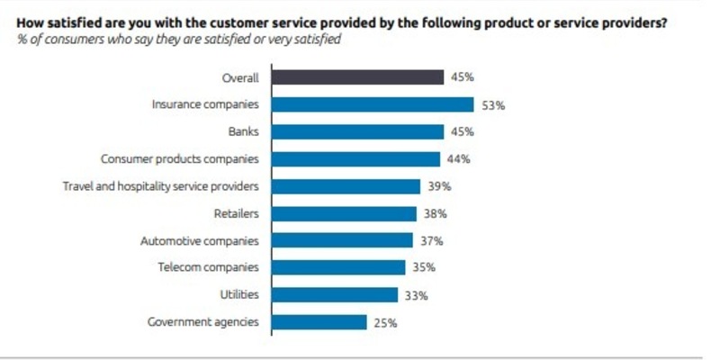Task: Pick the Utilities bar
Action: pyautogui.click(x=334, y=294)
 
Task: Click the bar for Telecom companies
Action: pyautogui.click(x=337, y=267)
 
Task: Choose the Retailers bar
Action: pyautogui.click(x=343, y=213)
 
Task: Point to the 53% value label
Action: pyautogui.click(x=493, y=105)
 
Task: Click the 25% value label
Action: pyautogui.click(x=385, y=321)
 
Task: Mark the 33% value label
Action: pyautogui.click(x=416, y=294)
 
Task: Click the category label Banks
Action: pyautogui.click(x=243, y=132)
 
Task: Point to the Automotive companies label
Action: pyautogui.click(x=200, y=240)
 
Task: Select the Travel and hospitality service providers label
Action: pyautogui.click(x=160, y=186)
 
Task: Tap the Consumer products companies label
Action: pyautogui.click(x=180, y=159)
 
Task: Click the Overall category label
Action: pyautogui.click(x=240, y=78)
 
